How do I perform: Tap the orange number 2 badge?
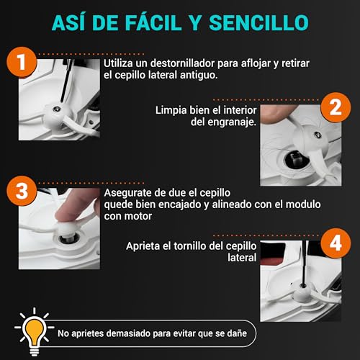(334, 110)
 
